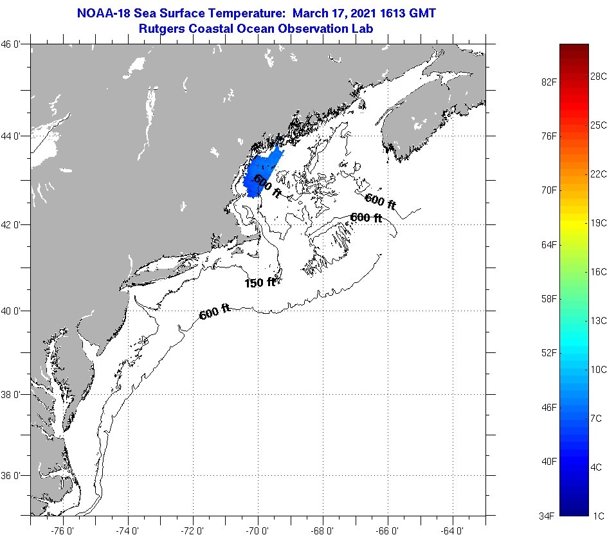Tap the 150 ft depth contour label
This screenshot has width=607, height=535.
[260, 282]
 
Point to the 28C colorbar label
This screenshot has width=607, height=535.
[599, 76]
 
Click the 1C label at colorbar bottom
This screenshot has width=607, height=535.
[599, 516]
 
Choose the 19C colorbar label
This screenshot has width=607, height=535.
[599, 222]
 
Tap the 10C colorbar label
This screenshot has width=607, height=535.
[599, 369]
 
